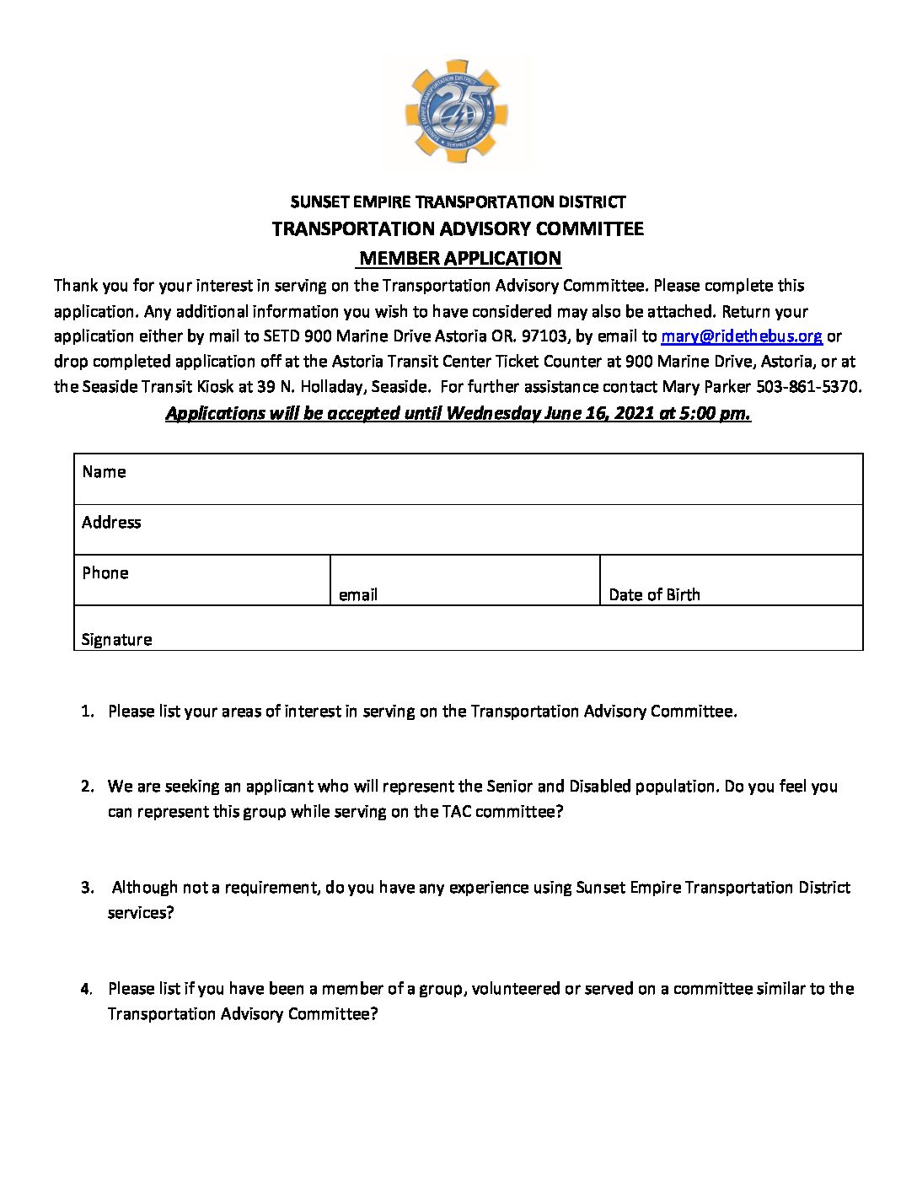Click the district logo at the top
[x=458, y=111]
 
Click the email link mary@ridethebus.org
[x=741, y=336]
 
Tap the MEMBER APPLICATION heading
[x=459, y=259]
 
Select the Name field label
[x=104, y=472]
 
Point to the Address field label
[x=111, y=523]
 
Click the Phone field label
[x=105, y=573]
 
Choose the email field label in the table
[x=358, y=595]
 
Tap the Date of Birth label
[x=654, y=595]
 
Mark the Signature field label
[x=116, y=640]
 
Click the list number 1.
[x=87, y=712]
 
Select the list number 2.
[x=87, y=787]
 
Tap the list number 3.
[x=87, y=888]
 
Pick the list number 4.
[x=87, y=989]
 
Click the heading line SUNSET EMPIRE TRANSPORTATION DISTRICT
[x=458, y=202]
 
